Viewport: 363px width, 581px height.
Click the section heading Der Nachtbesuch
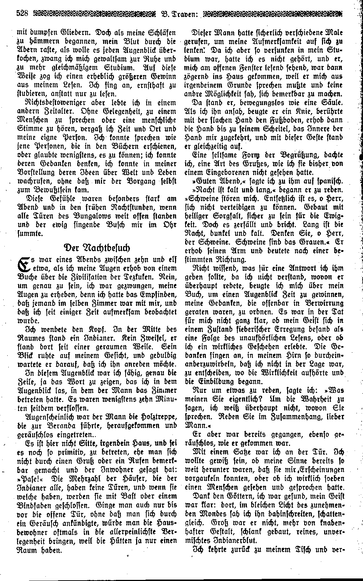tap(96, 258)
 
